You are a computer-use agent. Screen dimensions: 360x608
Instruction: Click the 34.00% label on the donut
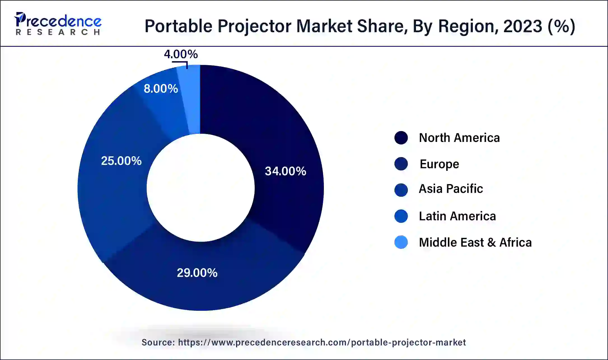click(285, 171)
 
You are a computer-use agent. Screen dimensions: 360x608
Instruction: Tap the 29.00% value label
click(197, 273)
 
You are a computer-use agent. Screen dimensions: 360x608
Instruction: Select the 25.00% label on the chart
click(121, 161)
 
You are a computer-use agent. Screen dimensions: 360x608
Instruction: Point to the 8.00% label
click(161, 89)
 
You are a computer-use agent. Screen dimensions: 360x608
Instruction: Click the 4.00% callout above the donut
click(181, 54)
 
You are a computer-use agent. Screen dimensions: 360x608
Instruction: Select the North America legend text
click(459, 138)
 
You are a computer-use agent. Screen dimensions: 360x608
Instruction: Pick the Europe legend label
click(439, 164)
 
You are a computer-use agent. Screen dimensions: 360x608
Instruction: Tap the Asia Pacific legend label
click(451, 189)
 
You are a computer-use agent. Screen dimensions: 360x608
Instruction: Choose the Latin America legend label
click(457, 216)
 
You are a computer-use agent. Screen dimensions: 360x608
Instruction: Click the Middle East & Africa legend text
click(475, 242)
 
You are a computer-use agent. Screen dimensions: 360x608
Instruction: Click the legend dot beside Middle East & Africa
click(401, 242)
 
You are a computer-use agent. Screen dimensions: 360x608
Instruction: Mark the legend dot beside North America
click(401, 138)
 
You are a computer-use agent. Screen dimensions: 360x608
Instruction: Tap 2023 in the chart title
click(523, 26)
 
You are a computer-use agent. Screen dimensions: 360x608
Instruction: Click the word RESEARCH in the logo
click(58, 32)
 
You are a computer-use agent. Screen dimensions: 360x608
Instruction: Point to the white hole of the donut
click(200, 188)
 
